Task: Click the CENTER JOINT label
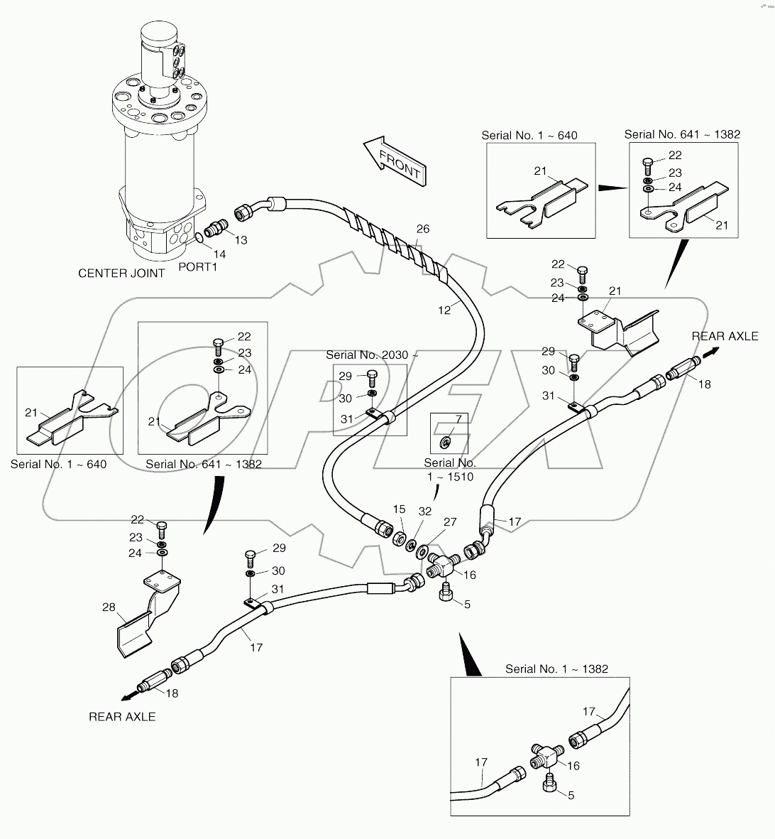[x=121, y=273]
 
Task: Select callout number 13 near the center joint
[x=241, y=240]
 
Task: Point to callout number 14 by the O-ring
[x=220, y=254]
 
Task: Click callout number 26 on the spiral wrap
[x=423, y=229]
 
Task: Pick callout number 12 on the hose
[x=444, y=310]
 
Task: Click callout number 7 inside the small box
[x=458, y=420]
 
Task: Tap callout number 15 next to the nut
[x=400, y=509]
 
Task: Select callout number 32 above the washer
[x=424, y=511]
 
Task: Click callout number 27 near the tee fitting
[x=450, y=522]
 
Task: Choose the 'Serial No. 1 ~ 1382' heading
[x=556, y=669]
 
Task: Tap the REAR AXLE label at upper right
[x=725, y=336]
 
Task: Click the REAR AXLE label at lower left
[x=122, y=717]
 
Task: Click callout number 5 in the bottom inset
[x=571, y=795]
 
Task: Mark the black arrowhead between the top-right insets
[x=610, y=188]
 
